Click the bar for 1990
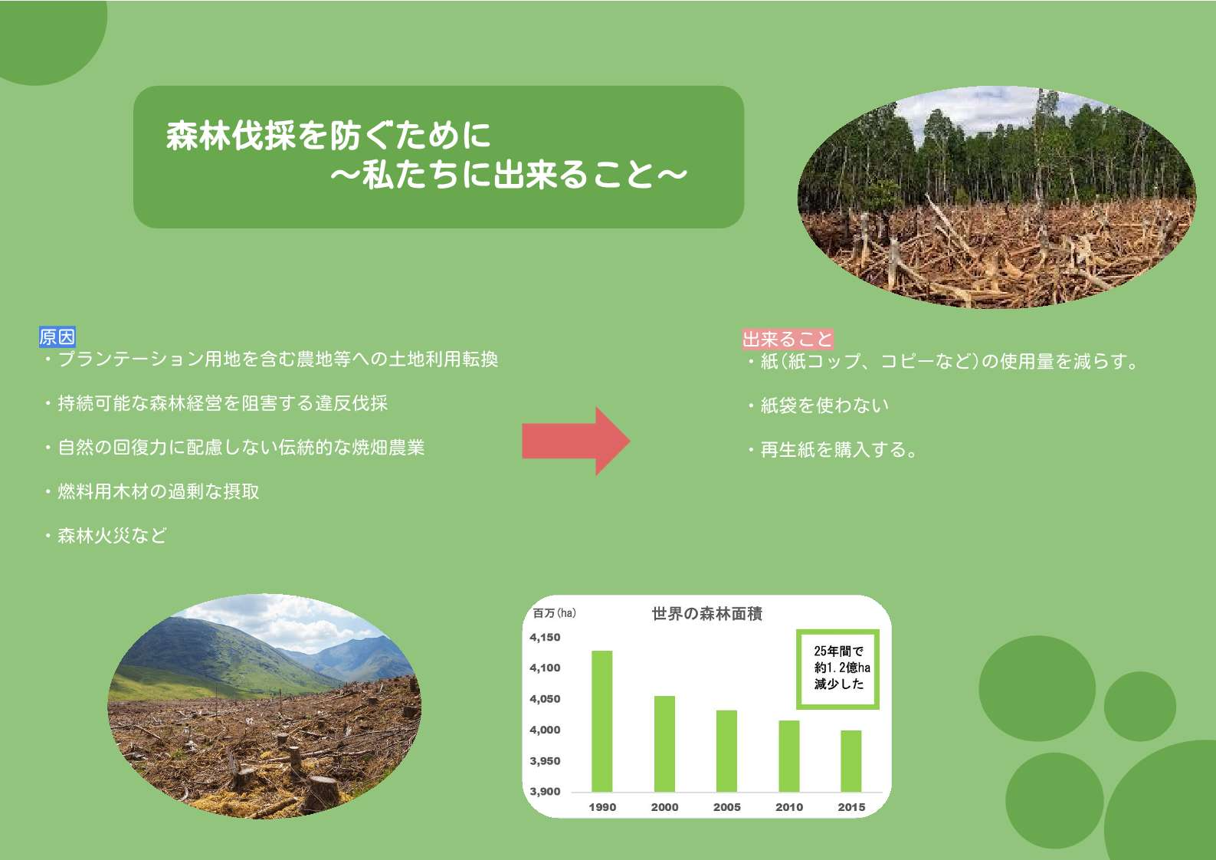602,721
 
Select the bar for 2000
664,743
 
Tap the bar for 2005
727,751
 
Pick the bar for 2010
789,757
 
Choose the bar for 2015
851,761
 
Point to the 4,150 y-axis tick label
545,638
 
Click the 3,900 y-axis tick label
545,792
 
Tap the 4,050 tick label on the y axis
545,699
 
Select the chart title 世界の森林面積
706,613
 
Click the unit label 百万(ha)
554,613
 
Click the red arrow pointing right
576,441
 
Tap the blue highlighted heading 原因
57,337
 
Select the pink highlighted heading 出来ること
788,340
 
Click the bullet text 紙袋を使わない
824,405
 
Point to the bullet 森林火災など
112,536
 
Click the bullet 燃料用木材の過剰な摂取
159,491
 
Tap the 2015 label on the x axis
851,807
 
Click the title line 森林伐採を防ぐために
329,135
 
